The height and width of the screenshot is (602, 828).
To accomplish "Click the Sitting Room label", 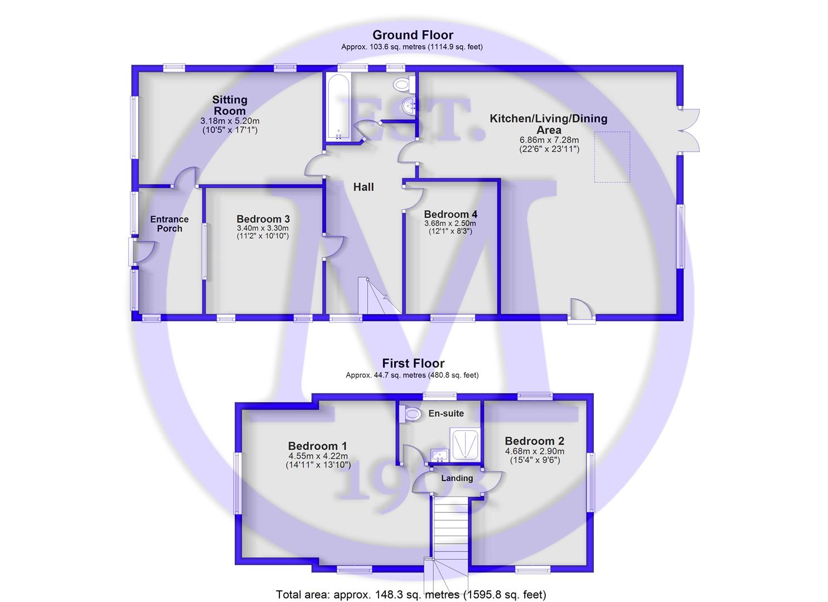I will pos(230,105).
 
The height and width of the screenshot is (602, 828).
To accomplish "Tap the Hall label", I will pos(364,187).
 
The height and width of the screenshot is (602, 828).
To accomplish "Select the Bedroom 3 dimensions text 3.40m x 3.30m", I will pos(263,228).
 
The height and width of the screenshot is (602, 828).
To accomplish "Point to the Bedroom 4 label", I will pos(451,215).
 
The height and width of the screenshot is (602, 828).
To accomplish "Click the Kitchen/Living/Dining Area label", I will pos(549,124).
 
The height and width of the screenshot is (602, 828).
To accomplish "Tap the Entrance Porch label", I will pos(170,224).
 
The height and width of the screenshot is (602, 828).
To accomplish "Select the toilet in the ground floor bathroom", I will pos(403,85).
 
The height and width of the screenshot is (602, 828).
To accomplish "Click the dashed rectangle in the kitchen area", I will pos(612,157).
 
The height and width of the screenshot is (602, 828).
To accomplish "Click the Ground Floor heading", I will pos(413,35).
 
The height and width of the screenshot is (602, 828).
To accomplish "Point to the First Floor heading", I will pos(413,363).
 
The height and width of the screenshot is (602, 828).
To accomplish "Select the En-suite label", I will pos(446,414).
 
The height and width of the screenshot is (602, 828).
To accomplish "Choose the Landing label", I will pos(457,478).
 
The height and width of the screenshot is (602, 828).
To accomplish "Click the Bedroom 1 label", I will pos(317,446).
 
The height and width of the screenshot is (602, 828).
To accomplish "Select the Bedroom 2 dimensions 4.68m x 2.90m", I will pos(535,452).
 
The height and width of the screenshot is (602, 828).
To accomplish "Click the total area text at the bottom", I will pos(411,595).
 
